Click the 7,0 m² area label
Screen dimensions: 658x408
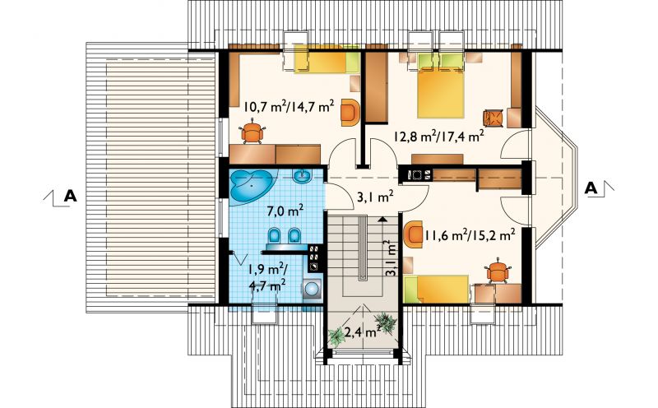pos(285,211)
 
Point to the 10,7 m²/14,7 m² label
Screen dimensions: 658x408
pos(290,107)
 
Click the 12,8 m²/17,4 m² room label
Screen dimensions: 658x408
pos(439,136)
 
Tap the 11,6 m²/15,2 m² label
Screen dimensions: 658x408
pos(470,235)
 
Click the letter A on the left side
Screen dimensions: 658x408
pos(70,196)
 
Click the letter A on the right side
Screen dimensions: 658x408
pos(591,188)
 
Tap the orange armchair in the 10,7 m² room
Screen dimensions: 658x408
pos(350,112)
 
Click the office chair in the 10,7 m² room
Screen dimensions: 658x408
pos(253,132)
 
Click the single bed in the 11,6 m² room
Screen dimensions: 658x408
pos(437,289)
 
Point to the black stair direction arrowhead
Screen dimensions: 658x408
pos(382,219)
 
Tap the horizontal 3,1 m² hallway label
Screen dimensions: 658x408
pos(375,197)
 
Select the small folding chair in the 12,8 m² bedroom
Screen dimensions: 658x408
pos(493,118)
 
